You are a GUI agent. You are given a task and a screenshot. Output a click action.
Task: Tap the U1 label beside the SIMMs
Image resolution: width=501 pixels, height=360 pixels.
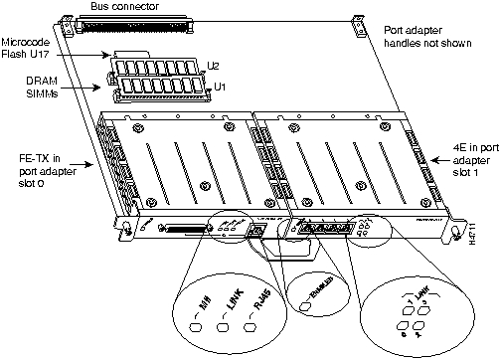pos(220,87)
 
